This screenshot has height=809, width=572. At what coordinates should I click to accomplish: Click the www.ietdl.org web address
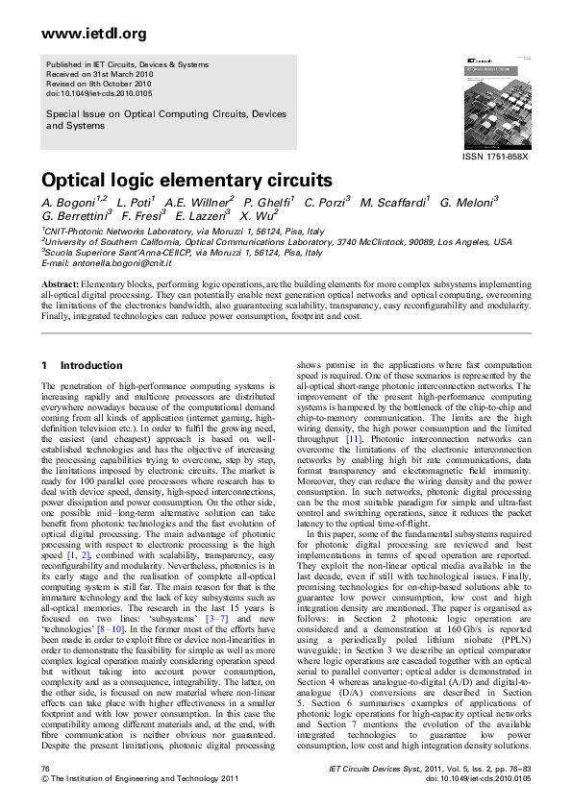click(81, 35)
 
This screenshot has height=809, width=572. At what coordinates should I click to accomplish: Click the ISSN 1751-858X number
click(496, 156)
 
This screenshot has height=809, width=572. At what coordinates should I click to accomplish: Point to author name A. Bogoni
click(70, 203)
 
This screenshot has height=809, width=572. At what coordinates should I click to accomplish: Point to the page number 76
click(45, 770)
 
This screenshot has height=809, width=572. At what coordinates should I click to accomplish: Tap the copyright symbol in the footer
click(44, 779)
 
